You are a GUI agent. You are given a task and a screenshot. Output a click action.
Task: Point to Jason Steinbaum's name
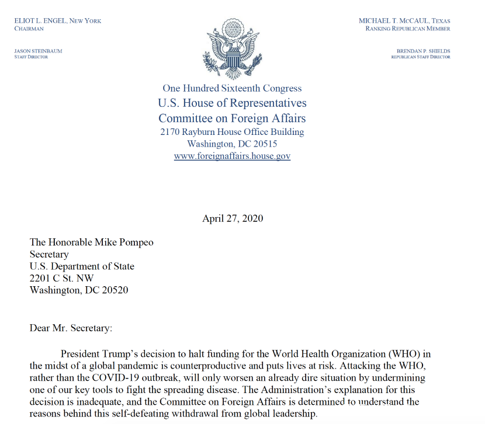(x=38, y=51)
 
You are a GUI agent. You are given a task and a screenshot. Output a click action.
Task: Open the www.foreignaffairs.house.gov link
(x=232, y=156)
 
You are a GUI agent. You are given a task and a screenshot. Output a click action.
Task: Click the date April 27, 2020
(x=233, y=218)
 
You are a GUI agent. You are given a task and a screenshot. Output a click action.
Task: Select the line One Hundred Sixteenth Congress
(x=232, y=89)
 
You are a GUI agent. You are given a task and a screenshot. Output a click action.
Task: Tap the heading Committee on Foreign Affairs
(x=232, y=119)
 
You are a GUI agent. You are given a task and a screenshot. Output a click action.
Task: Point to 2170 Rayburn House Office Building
(x=232, y=132)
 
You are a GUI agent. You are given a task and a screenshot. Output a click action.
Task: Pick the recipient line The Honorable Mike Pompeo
(x=92, y=242)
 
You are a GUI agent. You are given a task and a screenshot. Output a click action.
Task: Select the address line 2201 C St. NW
(x=61, y=278)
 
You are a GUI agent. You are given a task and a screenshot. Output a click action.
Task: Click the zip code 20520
(x=115, y=290)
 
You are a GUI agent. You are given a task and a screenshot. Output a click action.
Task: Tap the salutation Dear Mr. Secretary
(x=70, y=328)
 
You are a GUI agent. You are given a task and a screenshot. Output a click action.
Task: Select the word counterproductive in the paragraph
(x=225, y=366)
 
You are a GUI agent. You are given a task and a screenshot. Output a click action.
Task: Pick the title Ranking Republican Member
(x=408, y=29)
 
